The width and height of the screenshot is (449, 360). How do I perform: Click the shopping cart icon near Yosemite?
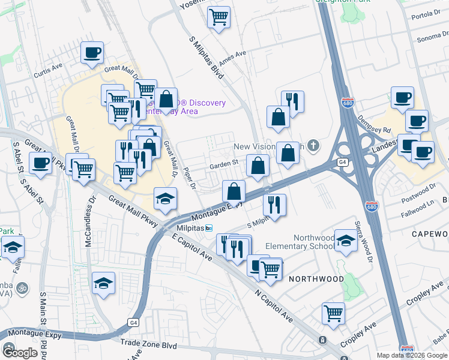pyautogui.click(x=219, y=17)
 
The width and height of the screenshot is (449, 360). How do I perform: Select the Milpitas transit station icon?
pyautogui.click(x=209, y=228)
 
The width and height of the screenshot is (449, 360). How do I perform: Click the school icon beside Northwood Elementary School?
pyautogui.click(x=346, y=241)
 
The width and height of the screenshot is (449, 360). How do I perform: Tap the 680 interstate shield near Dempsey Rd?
pyautogui.click(x=346, y=101)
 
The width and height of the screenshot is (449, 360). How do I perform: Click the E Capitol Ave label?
pyautogui.click(x=191, y=247)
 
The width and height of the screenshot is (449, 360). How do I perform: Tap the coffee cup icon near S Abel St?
pyautogui.click(x=40, y=163)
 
